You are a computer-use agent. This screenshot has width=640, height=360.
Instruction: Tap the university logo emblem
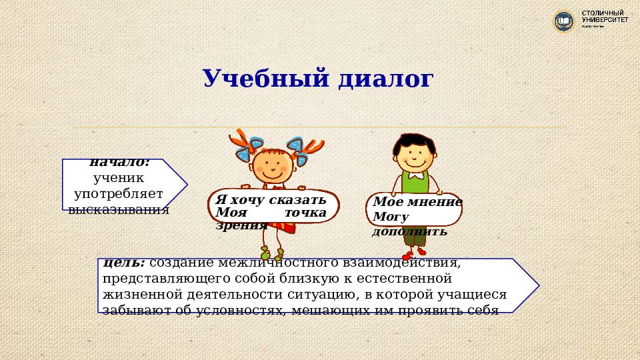tap(564, 21)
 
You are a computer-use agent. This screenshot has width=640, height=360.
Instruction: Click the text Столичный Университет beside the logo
tap(605, 18)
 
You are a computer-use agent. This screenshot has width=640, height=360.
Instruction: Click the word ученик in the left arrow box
tap(119, 178)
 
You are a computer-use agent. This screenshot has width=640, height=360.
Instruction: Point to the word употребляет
tap(119, 194)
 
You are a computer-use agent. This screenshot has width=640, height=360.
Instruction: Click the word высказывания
tap(119, 209)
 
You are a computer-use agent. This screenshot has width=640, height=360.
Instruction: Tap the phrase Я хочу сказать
tap(270, 200)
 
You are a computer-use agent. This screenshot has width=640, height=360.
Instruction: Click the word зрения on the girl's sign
tap(241, 225)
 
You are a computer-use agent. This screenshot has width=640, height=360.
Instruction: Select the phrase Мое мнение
tap(417, 202)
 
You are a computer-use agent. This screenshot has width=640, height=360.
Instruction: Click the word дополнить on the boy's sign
tap(409, 231)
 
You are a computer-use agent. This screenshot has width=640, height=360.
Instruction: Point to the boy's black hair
tap(413, 141)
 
